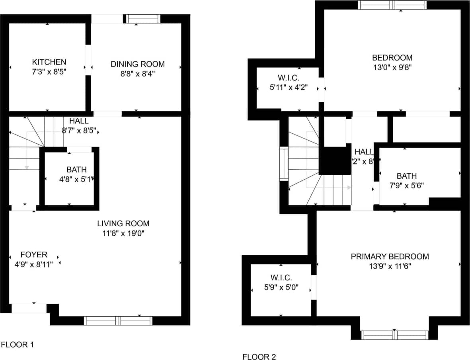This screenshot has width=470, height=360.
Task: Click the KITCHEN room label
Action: (x=49, y=62)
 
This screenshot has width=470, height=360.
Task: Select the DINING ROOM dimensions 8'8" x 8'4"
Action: (x=137, y=74)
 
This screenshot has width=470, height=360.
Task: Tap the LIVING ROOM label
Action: (x=123, y=223)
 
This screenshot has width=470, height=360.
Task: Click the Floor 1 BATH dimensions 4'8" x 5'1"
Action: (x=76, y=180)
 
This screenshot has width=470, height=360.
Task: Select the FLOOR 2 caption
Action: (x=259, y=356)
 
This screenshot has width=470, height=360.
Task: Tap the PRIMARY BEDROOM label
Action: (x=390, y=256)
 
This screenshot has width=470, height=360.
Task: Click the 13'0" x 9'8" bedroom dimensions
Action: (x=392, y=67)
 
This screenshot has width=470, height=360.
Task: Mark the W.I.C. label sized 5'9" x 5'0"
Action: (x=281, y=278)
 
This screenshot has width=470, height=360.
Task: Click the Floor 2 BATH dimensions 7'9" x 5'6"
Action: (x=407, y=186)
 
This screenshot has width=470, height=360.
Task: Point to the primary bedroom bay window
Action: (x=394, y=335)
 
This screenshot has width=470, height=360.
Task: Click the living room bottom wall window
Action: (x=118, y=321)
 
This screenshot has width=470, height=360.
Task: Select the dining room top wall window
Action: (x=143, y=19)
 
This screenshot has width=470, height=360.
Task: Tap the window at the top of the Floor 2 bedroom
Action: (x=392, y=5)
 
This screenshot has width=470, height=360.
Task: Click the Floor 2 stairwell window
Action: (x=284, y=164)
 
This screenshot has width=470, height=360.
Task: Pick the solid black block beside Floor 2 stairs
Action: (x=335, y=160)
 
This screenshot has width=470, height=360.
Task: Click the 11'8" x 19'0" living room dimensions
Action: (x=123, y=233)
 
